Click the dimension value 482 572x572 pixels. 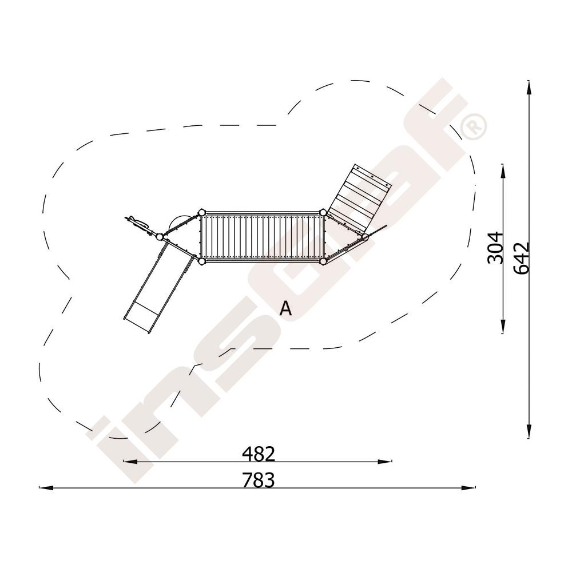pyautogui.click(x=259, y=454)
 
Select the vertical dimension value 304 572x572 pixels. pyautogui.click(x=495, y=247)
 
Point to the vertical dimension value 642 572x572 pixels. pyautogui.click(x=521, y=257)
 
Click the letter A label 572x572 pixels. pyautogui.click(x=285, y=309)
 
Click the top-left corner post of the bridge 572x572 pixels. pyautogui.click(x=201, y=212)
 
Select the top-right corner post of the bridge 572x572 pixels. pyautogui.click(x=323, y=212)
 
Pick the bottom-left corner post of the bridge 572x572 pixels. pyautogui.click(x=201, y=261)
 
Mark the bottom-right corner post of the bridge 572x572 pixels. pyautogui.click(x=323, y=261)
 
